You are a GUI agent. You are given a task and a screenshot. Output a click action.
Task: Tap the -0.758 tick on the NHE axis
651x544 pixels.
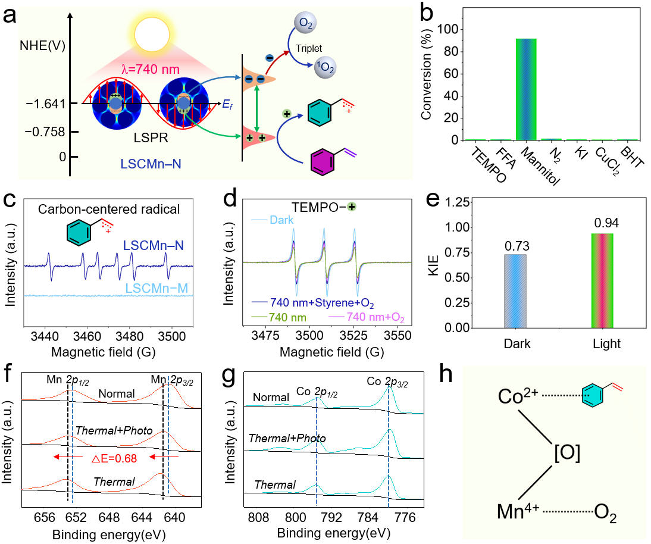coord(46,131)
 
